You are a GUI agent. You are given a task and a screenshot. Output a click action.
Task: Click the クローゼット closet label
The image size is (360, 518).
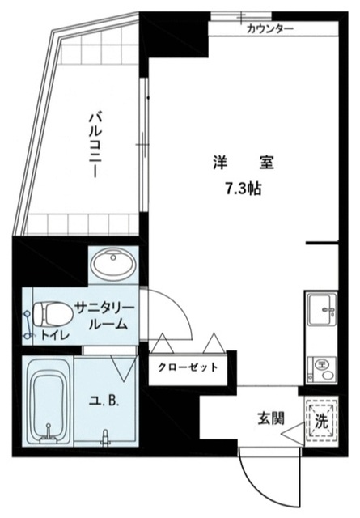tap(188, 367)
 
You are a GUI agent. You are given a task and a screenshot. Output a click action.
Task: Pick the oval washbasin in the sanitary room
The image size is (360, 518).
tap(112, 265)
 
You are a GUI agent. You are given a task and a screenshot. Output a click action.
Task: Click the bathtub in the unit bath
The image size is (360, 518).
tap(50, 401)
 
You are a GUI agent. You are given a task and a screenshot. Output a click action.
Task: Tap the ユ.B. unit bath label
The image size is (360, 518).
tap(108, 401)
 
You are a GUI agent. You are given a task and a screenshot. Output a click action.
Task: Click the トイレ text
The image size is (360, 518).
tap(54, 333)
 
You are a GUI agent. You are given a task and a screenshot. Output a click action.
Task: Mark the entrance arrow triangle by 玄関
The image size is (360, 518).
tap(291, 436)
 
